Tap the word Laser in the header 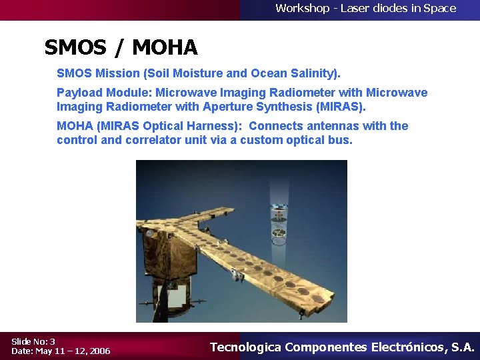click(x=357, y=9)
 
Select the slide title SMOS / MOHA click(x=121, y=48)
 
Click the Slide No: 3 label click(x=33, y=341)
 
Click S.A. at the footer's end click(x=463, y=347)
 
